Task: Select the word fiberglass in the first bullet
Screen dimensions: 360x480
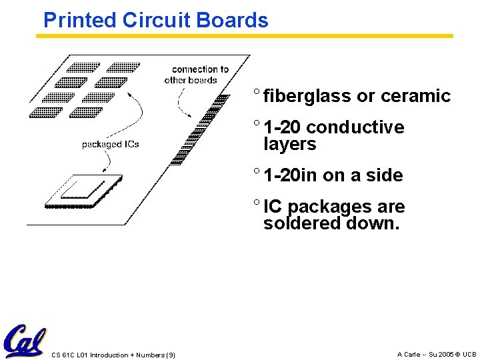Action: pos(307,96)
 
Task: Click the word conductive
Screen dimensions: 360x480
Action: pos(355,127)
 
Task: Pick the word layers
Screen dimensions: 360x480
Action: pos(289,144)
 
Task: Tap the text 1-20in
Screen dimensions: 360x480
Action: pos(290,175)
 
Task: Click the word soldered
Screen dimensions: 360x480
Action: pos(301,223)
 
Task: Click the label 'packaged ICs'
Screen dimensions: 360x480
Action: pos(110,144)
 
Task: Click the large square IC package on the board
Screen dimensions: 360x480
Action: pos(83,189)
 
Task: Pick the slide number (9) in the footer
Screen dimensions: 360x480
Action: pos(170,355)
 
